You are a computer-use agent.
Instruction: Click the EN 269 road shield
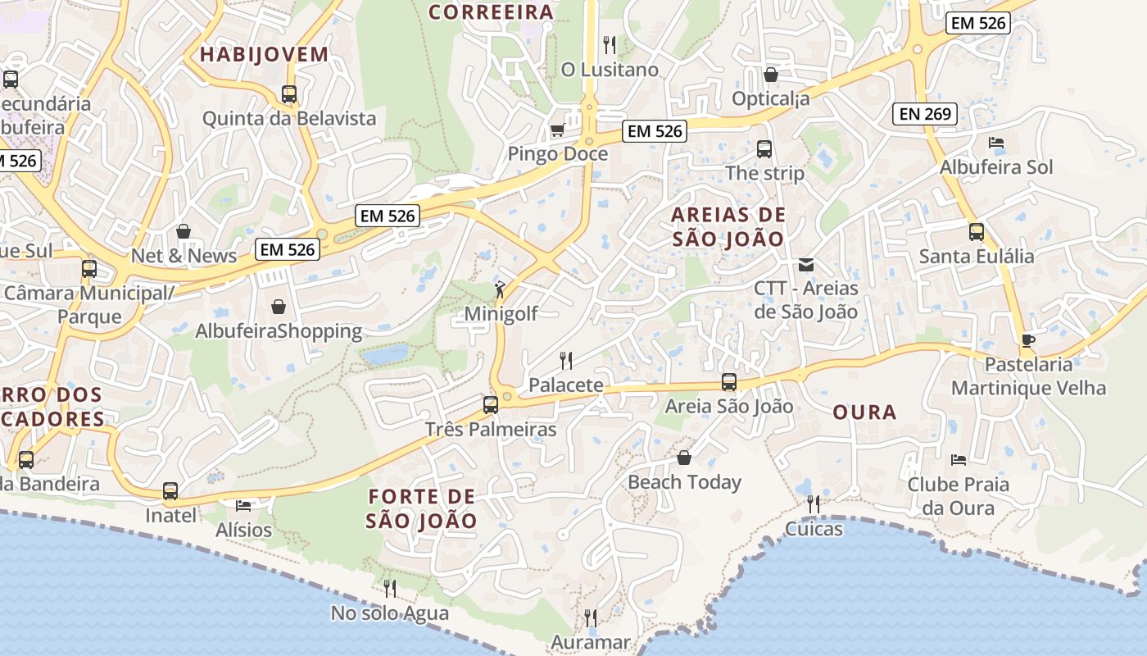tap(925, 114)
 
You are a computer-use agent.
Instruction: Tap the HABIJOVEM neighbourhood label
tap(264, 55)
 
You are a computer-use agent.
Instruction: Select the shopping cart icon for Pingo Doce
tap(558, 130)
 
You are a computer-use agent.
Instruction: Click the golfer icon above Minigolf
tap(500, 289)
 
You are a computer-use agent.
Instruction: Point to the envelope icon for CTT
tap(806, 264)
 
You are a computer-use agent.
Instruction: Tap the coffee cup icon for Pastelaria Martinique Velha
tap(1028, 340)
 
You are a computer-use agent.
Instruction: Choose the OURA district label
tap(864, 412)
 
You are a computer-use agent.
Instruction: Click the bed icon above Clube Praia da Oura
tap(958, 459)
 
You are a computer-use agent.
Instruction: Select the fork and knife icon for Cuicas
tap(814, 503)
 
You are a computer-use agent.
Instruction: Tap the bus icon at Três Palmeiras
tap(490, 404)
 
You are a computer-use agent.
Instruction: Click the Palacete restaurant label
tap(565, 385)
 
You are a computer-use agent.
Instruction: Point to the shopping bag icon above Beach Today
tap(684, 458)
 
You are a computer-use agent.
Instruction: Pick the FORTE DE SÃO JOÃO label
tap(421, 508)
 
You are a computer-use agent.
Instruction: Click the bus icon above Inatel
tap(170, 491)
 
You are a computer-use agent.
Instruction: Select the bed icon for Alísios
tap(243, 505)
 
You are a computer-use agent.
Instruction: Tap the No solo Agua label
tap(390, 613)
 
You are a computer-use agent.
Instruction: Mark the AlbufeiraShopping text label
tap(279, 331)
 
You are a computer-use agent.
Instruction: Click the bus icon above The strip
tap(764, 149)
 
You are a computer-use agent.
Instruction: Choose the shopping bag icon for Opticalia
tap(770, 75)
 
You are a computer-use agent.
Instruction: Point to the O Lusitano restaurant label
tap(610, 70)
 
